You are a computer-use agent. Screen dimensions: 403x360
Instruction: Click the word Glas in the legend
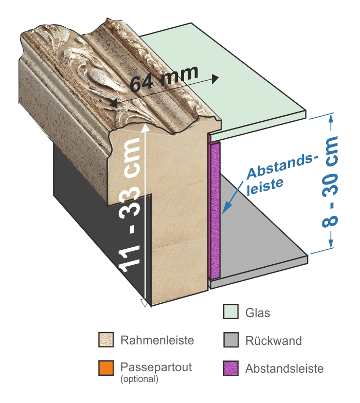(x=258, y=313)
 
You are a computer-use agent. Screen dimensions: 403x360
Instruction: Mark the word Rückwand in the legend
(x=274, y=340)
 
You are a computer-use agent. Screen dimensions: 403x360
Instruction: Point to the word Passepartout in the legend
(x=156, y=367)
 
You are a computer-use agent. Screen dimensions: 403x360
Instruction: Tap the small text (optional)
(x=139, y=379)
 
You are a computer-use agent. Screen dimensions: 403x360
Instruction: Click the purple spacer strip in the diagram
(x=215, y=206)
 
